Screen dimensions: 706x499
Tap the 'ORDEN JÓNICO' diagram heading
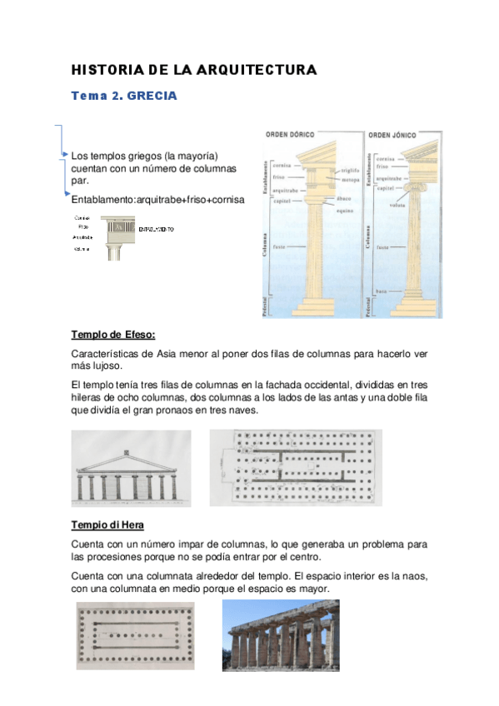tap(392, 134)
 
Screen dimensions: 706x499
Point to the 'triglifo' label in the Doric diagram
tap(349, 170)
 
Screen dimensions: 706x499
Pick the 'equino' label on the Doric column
tap(345, 209)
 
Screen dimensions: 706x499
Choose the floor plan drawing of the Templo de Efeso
tap(295, 467)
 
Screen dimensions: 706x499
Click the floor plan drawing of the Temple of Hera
tap(135, 634)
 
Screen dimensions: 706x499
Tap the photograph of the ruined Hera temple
tap(280, 634)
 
